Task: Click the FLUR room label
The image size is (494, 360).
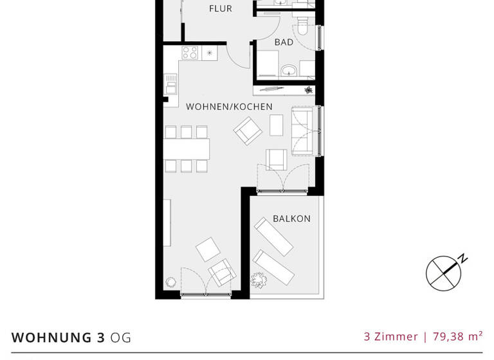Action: tap(220, 9)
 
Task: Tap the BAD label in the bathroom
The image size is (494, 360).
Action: tap(284, 42)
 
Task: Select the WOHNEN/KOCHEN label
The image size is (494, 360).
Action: tap(229, 107)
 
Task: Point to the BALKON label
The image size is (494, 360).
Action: tap(291, 219)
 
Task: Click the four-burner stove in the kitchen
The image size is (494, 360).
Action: tap(190, 53)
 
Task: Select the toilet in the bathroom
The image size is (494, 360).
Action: tap(302, 26)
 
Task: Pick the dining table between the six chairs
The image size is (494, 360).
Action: tap(186, 149)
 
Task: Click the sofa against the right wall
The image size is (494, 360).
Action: tap(302, 131)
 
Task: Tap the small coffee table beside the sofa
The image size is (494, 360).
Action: tap(276, 125)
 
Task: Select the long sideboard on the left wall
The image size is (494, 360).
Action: tap(167, 222)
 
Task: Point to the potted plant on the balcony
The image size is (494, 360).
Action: tap(259, 280)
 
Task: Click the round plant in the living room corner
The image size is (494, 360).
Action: tap(171, 282)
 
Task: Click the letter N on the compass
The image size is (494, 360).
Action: tap(462, 259)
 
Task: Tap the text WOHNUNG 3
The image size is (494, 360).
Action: tap(58, 337)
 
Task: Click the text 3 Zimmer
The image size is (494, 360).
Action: tap(390, 336)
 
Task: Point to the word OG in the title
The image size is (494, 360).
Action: tap(120, 337)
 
